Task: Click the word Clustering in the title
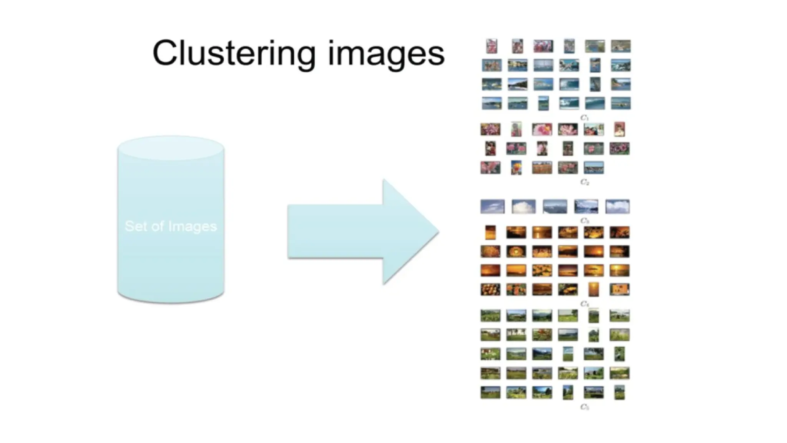234,54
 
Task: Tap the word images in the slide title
386,54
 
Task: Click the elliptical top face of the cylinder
171,148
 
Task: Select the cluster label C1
584,118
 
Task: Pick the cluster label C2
584,182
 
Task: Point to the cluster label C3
584,221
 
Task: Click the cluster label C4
584,304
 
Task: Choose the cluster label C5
584,407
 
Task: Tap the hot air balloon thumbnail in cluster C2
516,168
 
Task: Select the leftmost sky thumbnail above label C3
492,207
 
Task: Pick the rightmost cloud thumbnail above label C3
617,207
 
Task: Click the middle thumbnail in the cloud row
555,207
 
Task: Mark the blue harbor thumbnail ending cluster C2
594,168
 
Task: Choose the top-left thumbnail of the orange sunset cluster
490,232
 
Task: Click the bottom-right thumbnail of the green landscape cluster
619,393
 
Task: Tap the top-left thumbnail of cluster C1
491,47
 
